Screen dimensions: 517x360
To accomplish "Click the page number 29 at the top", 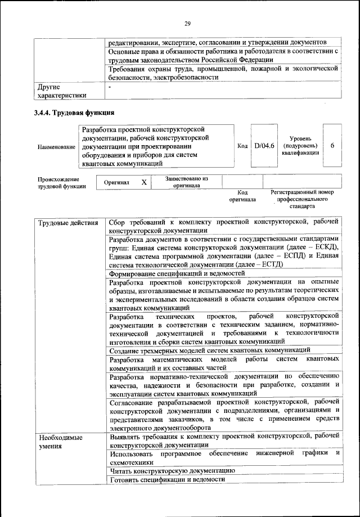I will click(187, 23).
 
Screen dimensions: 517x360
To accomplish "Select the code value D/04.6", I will click(263, 146).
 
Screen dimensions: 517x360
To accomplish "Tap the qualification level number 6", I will click(332, 146).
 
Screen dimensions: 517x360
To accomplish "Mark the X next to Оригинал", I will click(144, 182).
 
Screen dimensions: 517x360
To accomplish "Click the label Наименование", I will click(56, 146).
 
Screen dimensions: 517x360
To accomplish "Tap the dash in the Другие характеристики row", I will click(111, 88).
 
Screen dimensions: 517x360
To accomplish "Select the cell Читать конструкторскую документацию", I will click(172, 470).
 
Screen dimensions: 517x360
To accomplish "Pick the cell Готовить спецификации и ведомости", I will click(167, 479).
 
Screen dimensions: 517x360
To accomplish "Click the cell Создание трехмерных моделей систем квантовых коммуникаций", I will click(210, 350).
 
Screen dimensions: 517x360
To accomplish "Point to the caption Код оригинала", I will click(242, 196).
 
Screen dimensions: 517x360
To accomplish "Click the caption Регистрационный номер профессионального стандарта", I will click(302, 199).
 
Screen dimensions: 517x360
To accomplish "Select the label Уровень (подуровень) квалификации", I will click(302, 146).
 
